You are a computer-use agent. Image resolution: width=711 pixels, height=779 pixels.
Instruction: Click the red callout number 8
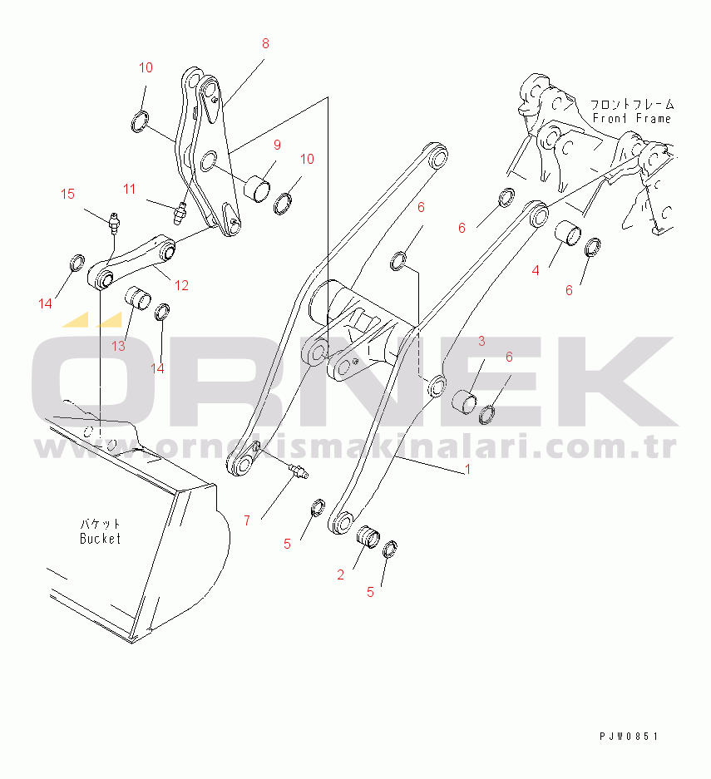(x=265, y=44)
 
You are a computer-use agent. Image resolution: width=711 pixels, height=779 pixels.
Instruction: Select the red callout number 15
(x=67, y=194)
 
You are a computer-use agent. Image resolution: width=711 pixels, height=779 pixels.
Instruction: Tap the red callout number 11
(x=129, y=189)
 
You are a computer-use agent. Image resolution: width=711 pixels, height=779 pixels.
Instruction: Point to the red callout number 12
(x=181, y=285)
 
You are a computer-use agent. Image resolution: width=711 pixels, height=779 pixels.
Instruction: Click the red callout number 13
(x=118, y=346)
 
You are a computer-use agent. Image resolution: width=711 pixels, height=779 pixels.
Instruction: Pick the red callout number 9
(x=277, y=145)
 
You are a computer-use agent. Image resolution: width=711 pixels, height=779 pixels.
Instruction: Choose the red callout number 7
(x=247, y=520)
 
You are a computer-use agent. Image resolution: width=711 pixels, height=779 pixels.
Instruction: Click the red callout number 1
(x=467, y=469)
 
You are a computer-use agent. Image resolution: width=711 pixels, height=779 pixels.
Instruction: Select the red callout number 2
(x=340, y=574)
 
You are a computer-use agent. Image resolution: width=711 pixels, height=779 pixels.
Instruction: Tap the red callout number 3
(x=481, y=341)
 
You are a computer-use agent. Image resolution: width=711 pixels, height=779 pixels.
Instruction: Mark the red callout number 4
(x=535, y=270)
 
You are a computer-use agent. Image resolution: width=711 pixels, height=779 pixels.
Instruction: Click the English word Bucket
(x=100, y=539)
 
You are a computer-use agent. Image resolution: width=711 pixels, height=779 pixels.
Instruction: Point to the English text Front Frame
(x=632, y=118)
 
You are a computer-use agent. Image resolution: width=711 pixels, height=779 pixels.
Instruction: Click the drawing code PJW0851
(x=629, y=736)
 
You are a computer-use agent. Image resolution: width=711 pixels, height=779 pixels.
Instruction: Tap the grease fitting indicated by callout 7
(x=298, y=470)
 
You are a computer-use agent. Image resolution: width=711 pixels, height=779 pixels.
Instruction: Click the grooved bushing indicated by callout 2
(x=368, y=537)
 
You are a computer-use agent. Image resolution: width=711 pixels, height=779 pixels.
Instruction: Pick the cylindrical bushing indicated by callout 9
(x=259, y=188)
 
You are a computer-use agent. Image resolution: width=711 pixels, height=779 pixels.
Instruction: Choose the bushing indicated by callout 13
(x=137, y=298)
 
